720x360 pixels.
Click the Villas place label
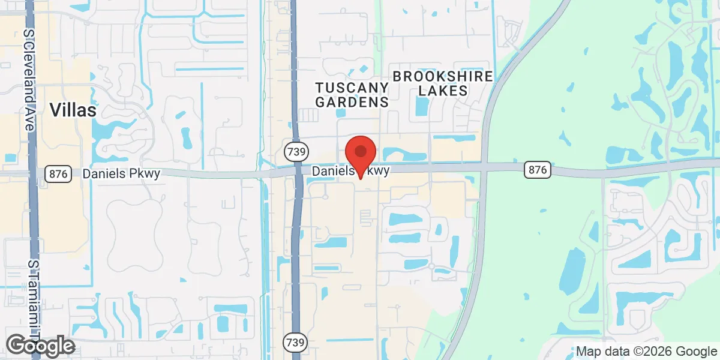point(73,110)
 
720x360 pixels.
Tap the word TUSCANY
point(352,87)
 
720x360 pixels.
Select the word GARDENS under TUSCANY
point(352,102)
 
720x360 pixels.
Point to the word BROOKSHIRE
point(443,76)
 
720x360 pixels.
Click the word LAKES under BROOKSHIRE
point(443,91)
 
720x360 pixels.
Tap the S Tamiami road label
point(34,300)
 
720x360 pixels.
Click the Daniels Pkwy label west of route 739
point(122,173)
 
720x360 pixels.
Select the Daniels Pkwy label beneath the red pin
point(351,171)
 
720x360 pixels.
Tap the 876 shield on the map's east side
point(537,170)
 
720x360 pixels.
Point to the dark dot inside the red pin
point(361,151)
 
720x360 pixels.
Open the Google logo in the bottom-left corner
point(41,346)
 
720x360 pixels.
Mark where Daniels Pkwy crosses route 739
point(297,172)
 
